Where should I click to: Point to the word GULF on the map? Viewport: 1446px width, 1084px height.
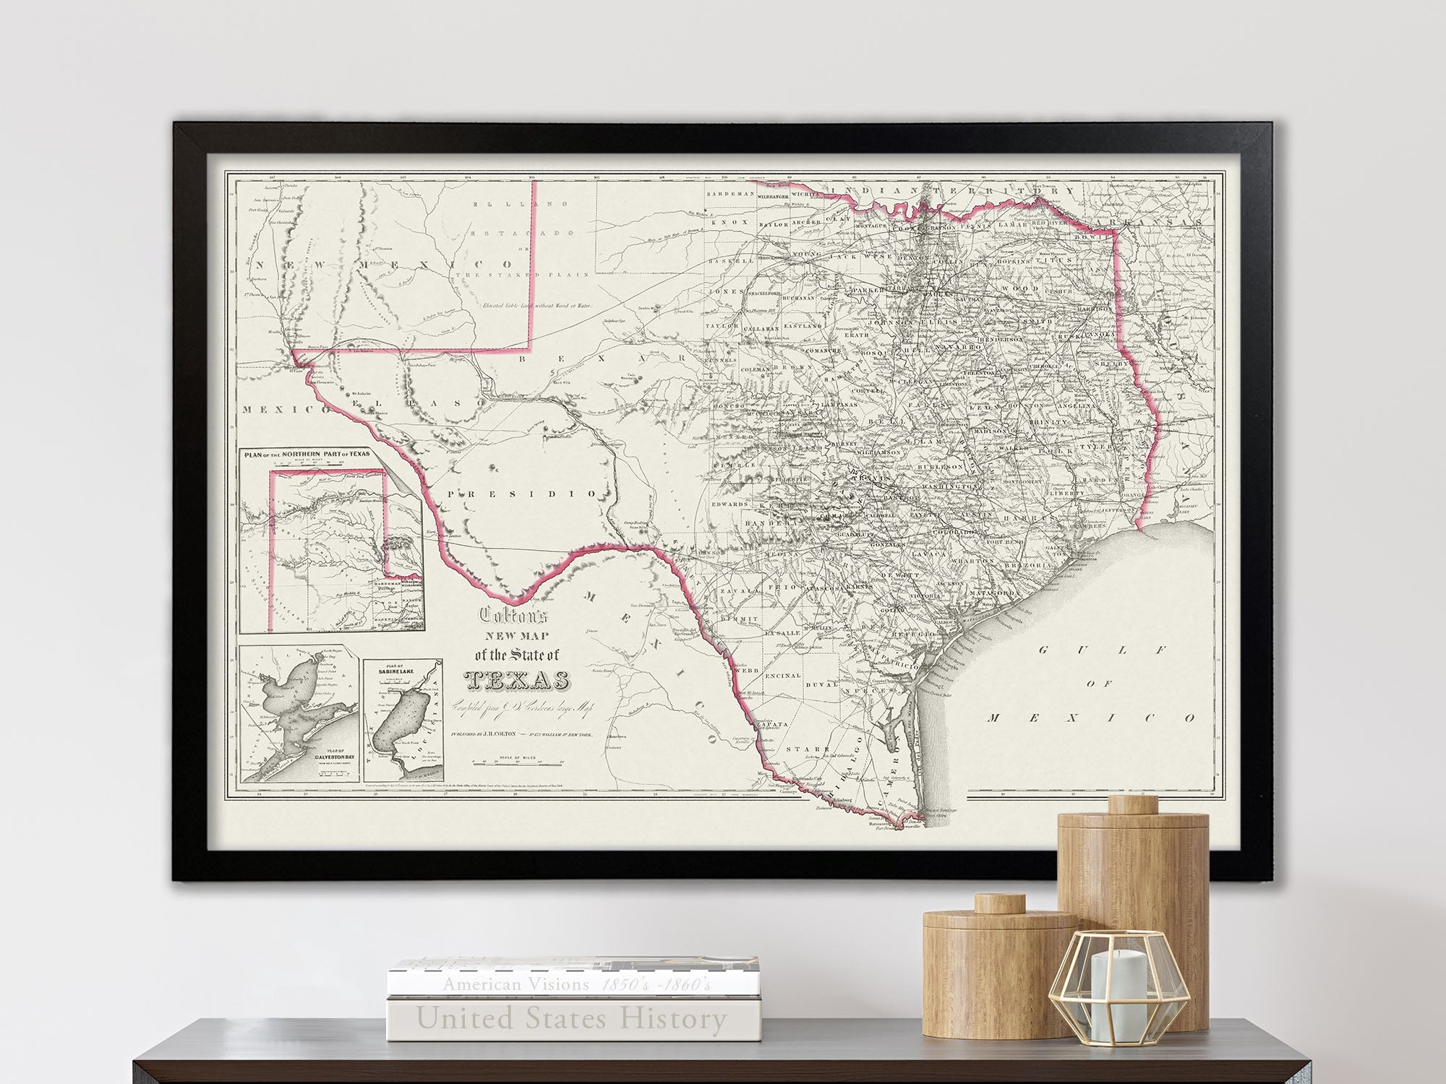1103,650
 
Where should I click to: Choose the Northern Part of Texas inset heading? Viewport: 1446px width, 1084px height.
307,455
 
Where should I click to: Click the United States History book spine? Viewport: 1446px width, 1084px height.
571,1019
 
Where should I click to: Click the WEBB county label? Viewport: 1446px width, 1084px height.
747,671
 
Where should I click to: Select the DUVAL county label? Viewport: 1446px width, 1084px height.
822,683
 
